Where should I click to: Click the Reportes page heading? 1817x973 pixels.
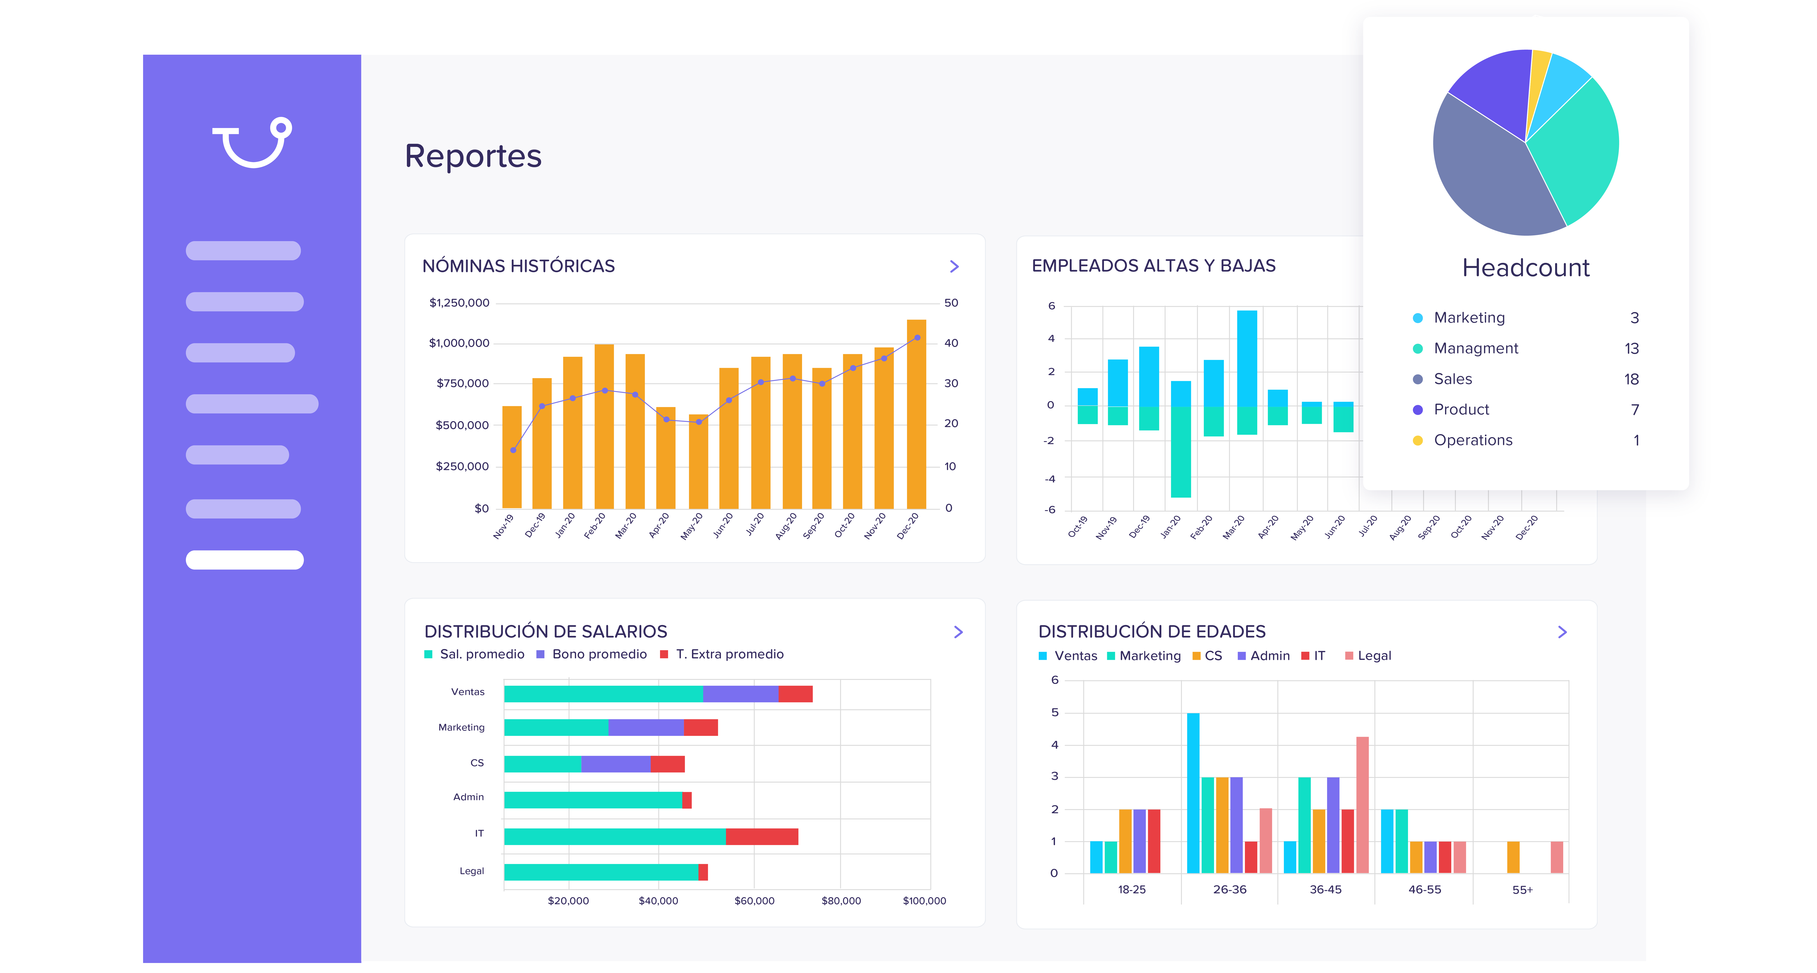(x=473, y=156)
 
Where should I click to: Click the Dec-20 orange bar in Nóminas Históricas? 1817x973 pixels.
(x=916, y=414)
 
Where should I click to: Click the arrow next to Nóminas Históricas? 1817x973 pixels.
(x=954, y=266)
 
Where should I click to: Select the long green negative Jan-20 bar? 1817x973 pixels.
(x=1181, y=452)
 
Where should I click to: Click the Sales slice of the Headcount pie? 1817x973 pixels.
(x=1488, y=176)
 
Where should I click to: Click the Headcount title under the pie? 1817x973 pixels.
(x=1526, y=268)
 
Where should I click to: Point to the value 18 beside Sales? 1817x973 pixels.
(x=1631, y=379)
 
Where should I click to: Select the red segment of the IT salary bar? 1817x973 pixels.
(x=762, y=836)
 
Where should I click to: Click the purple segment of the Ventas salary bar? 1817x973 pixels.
(x=741, y=694)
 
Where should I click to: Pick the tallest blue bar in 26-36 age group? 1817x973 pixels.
(x=1193, y=793)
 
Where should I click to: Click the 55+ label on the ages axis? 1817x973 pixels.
(x=1522, y=890)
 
